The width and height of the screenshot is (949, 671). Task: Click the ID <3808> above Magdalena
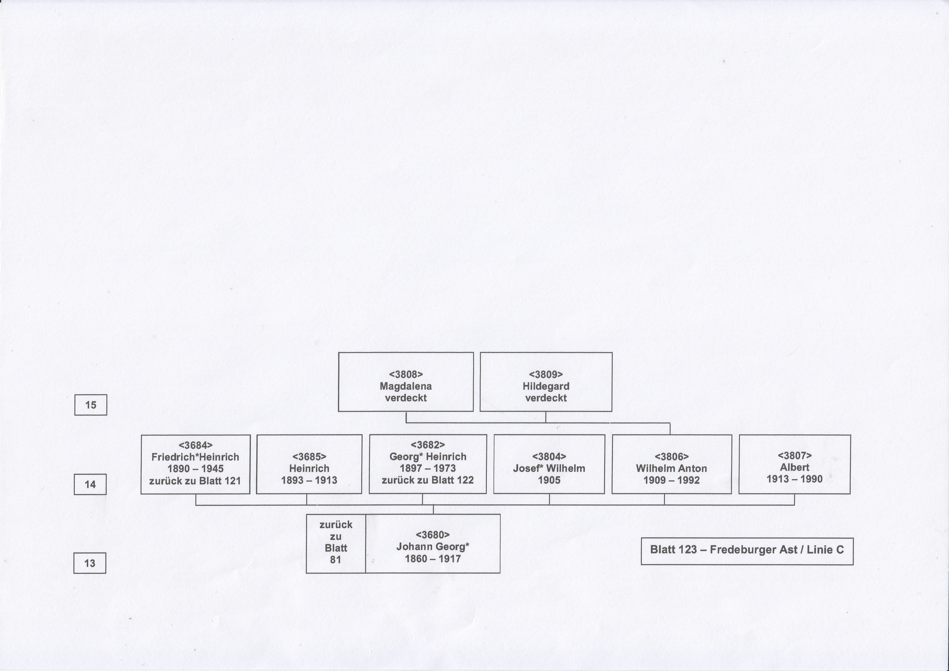point(406,374)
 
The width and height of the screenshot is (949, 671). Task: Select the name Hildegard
point(546,386)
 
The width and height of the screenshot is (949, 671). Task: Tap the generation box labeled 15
point(91,405)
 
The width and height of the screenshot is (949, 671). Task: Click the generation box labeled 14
point(90,484)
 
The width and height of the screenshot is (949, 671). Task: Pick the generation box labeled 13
point(90,563)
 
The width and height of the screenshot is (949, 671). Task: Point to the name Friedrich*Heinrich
point(195,457)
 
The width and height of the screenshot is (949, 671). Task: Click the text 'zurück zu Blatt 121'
point(195,481)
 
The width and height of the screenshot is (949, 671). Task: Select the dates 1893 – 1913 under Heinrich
point(309,480)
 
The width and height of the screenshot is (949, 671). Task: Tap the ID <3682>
point(428,445)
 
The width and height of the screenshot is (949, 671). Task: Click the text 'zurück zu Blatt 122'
point(428,480)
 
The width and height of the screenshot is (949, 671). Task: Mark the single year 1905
point(549,480)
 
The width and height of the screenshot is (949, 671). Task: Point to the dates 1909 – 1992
point(672,480)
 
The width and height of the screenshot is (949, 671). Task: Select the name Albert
point(795,467)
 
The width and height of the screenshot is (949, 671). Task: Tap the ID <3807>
point(795,455)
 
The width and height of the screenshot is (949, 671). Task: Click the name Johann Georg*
point(433,547)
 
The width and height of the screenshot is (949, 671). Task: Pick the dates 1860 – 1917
point(433,559)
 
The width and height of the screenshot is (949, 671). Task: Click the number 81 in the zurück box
point(336,560)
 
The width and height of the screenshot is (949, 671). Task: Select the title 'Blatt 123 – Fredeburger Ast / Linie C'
point(747,550)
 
